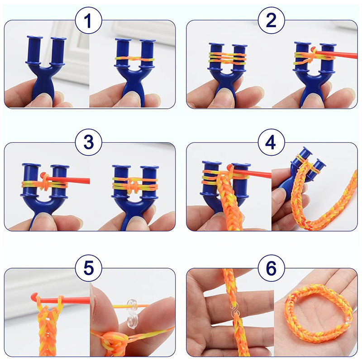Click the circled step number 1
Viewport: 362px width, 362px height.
click(x=88, y=21)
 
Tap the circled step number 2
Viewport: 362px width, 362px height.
click(x=271, y=20)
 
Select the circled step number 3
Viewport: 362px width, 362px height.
click(x=88, y=142)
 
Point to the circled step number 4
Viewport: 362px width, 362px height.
click(x=271, y=142)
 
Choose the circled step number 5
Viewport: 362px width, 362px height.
click(x=88, y=268)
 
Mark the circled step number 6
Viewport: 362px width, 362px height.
click(x=271, y=268)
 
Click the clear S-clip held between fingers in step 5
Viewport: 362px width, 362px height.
click(x=132, y=314)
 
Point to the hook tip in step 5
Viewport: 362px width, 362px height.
click(x=34, y=296)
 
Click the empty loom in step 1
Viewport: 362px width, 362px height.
click(x=45, y=69)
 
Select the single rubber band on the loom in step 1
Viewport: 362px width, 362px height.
click(x=134, y=59)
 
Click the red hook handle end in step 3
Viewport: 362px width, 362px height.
click(x=88, y=180)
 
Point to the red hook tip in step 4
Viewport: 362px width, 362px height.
click(x=230, y=168)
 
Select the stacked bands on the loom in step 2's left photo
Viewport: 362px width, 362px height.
click(x=228, y=58)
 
